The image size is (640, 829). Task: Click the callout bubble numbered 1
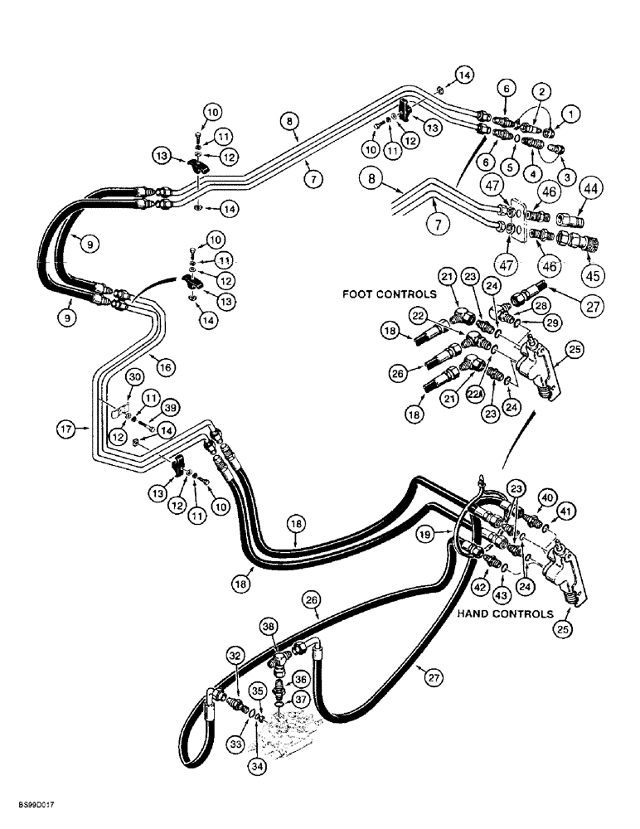click(x=570, y=110)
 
